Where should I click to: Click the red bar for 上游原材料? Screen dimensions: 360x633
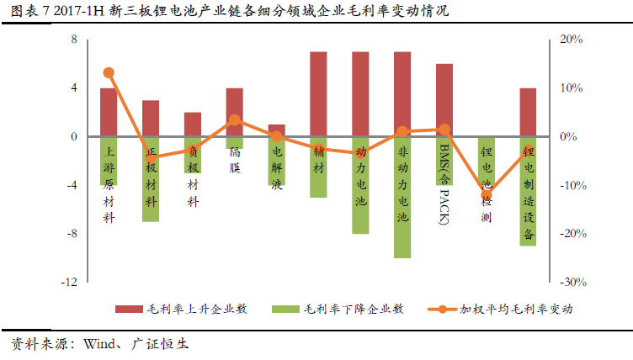[109, 112]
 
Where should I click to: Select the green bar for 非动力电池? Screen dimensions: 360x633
[402, 197]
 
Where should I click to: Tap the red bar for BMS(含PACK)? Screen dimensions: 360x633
[444, 100]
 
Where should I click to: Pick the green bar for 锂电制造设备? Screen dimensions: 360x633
[528, 191]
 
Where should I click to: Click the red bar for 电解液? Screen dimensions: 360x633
[276, 130]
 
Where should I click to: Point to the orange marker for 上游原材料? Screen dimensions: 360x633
[109, 73]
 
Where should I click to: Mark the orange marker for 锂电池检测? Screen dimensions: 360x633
[487, 194]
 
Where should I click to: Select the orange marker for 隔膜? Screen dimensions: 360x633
[235, 120]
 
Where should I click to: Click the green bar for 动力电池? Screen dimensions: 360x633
[360, 185]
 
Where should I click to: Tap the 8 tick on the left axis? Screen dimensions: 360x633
[74, 40]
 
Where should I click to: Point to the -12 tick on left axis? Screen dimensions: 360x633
[70, 283]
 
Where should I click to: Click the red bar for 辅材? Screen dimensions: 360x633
[318, 94]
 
